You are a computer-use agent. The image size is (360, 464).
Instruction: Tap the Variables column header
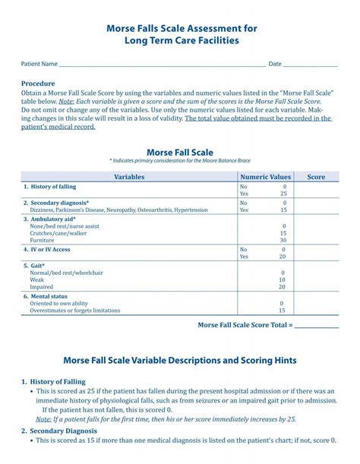(129, 176)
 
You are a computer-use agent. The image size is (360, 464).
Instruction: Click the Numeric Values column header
(265, 176)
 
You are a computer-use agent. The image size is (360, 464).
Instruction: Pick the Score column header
(316, 176)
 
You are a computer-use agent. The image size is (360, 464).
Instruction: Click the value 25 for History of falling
(283, 194)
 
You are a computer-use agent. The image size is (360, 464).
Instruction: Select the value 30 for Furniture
(283, 240)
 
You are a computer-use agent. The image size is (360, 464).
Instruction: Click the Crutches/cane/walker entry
(58, 233)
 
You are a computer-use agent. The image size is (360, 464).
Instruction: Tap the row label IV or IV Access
(49, 249)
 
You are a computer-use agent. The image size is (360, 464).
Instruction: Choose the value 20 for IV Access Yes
(283, 257)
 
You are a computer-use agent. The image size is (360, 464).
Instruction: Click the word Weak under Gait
(37, 280)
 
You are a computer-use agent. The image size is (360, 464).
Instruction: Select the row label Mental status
(48, 296)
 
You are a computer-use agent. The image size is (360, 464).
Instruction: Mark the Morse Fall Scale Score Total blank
(316, 325)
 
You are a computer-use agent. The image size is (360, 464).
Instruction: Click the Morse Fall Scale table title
(179, 152)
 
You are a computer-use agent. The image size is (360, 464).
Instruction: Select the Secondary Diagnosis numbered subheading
(58, 431)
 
